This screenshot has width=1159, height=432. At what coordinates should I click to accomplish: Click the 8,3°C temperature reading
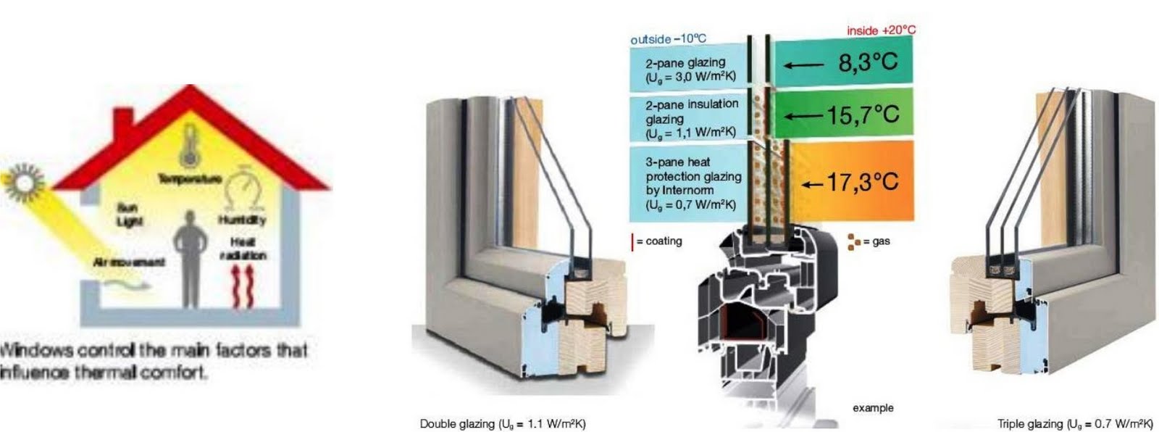[x=868, y=63]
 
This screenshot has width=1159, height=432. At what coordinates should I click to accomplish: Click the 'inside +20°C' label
[x=880, y=31]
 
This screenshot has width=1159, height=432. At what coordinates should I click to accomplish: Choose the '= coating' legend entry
[x=656, y=241]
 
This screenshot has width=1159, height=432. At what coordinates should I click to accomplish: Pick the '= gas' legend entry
[x=870, y=241]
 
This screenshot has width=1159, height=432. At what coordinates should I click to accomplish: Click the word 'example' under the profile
[x=873, y=408]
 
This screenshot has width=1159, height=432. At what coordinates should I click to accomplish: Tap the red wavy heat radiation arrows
[x=243, y=286]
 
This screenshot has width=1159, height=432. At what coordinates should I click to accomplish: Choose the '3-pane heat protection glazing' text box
[x=692, y=183]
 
